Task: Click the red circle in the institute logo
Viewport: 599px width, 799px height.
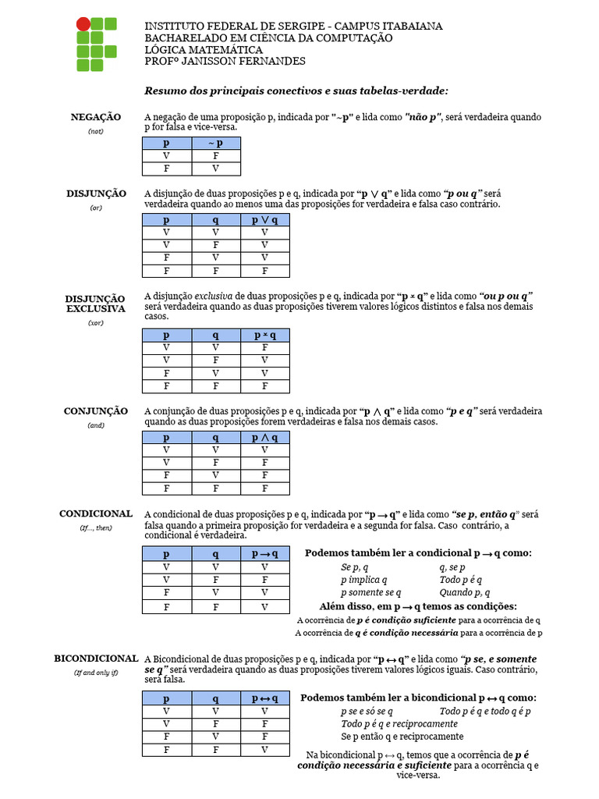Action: [83, 23]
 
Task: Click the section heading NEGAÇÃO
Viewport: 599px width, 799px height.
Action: [96, 117]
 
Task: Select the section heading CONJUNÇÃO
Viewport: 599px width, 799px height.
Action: [96, 410]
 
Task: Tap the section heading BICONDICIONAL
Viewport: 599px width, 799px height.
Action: [96, 659]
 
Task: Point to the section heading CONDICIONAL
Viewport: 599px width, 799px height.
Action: [96, 514]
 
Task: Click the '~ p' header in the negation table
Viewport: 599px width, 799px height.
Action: [216, 144]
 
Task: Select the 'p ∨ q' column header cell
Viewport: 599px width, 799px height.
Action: [266, 221]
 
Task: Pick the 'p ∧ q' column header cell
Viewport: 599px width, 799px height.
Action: [266, 438]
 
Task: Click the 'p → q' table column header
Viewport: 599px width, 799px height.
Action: [266, 553]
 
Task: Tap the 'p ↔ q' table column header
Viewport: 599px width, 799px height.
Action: [266, 698]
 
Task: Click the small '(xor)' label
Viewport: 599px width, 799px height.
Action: [96, 322]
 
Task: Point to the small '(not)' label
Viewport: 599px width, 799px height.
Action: [96, 131]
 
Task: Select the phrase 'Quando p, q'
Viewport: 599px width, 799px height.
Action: [464, 593]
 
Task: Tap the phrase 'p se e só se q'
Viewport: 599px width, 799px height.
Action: [367, 712]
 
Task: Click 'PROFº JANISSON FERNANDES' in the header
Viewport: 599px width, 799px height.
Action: [225, 61]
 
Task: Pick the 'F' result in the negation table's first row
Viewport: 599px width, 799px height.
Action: [216, 156]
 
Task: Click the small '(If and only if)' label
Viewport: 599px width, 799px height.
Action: [96, 672]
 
